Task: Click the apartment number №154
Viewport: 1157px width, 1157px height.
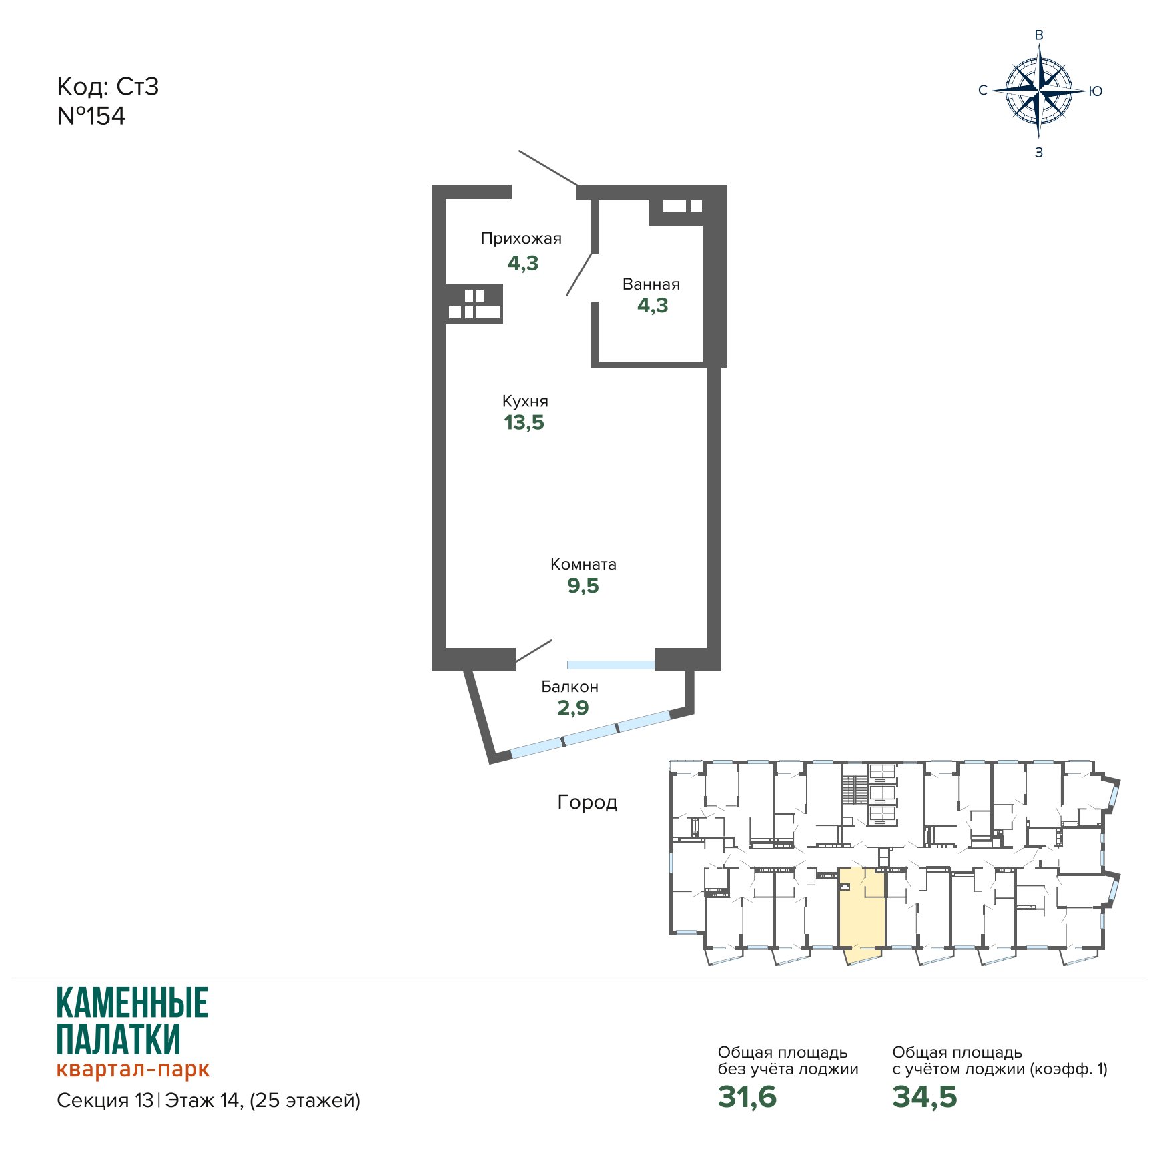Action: pos(91,116)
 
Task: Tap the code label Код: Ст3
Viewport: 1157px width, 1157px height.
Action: pos(108,87)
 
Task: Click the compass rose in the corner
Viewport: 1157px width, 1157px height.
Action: pos(1039,91)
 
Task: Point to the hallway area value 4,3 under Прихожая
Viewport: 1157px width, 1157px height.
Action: pos(523,263)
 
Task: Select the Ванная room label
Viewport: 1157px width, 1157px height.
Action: pos(651,284)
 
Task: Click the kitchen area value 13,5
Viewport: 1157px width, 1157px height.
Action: pos(524,422)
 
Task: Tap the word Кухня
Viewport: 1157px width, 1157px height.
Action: pos(525,401)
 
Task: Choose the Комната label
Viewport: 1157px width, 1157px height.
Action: pos(583,564)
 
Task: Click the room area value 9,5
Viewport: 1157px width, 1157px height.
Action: pos(583,586)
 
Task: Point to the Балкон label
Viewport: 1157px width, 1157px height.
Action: pos(570,687)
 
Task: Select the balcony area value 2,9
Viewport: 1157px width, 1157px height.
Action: pos(573,707)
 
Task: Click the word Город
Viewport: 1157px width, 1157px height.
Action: pos(587,802)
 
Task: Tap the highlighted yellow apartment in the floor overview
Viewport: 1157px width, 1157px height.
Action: pos(862,911)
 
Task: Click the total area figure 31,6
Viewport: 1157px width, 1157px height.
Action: pos(747,1096)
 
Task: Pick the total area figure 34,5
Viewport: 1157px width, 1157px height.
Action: pos(925,1096)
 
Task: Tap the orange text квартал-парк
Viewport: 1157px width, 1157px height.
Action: pos(133,1069)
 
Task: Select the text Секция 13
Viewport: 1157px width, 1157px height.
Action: pos(105,1100)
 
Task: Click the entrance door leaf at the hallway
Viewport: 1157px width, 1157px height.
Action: pos(548,168)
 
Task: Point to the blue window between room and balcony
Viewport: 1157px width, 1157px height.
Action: pos(611,665)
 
